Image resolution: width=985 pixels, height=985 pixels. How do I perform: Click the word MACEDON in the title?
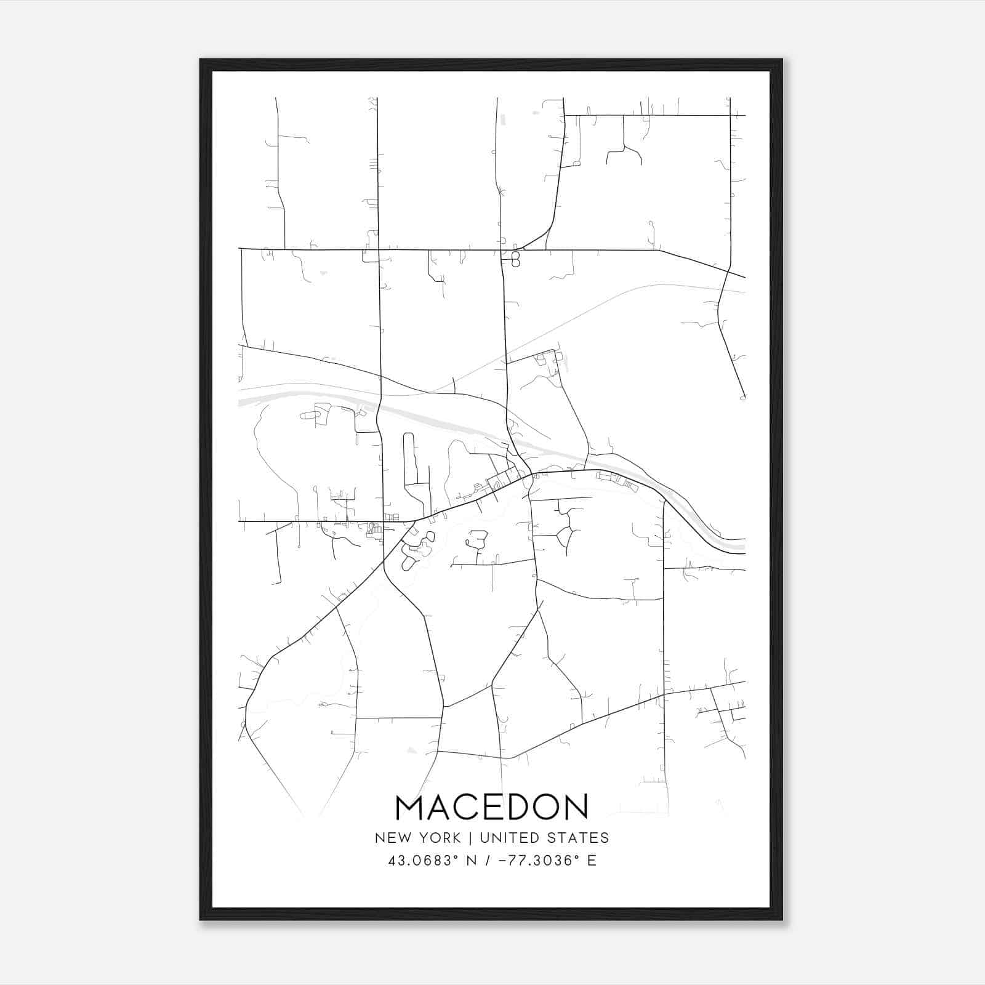(492, 808)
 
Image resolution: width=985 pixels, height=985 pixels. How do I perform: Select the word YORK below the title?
(438, 838)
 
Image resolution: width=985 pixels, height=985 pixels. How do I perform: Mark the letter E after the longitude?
(592, 861)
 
